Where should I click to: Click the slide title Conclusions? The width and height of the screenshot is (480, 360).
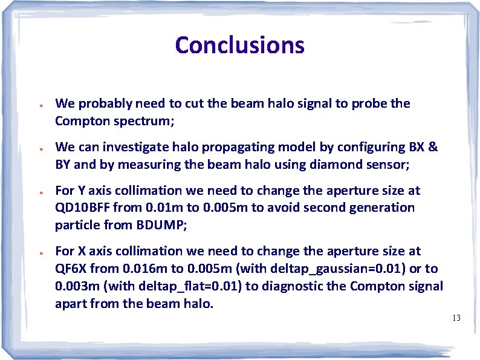(239, 45)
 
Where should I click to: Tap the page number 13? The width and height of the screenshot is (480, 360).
(456, 318)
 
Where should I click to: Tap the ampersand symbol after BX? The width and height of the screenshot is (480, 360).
(433, 147)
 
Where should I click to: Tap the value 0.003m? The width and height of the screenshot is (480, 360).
(75, 286)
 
